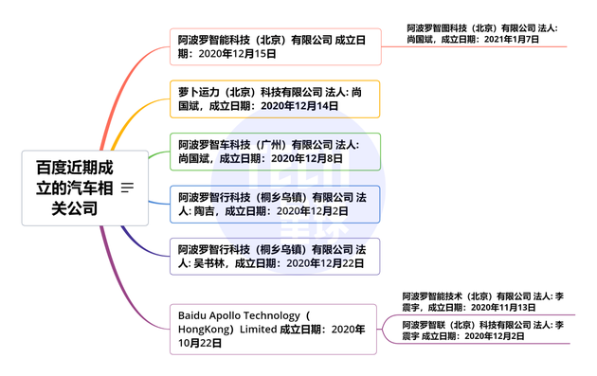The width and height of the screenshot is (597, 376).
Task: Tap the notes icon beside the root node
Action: pyautogui.click(x=127, y=188)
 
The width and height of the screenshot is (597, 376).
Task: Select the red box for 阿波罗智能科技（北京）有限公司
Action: pyautogui.click(x=275, y=46)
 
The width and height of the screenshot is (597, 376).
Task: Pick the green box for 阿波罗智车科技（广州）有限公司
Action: pyautogui.click(x=275, y=152)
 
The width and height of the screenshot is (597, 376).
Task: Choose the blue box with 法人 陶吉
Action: pyautogui.click(x=275, y=204)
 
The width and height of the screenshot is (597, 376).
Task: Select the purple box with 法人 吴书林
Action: pyautogui.click(x=275, y=256)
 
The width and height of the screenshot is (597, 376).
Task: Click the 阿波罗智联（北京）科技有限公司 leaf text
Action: pyautogui.click(x=464, y=324)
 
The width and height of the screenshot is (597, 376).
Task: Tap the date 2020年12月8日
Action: pyautogui.click(x=310, y=159)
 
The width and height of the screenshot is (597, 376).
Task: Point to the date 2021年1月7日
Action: pyautogui.click(x=512, y=41)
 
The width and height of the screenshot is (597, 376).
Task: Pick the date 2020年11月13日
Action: pyautogui.click(x=503, y=308)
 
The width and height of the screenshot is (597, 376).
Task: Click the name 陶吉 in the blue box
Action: pyautogui.click(x=204, y=211)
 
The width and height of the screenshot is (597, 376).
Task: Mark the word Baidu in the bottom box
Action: pyautogui.click(x=194, y=314)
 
